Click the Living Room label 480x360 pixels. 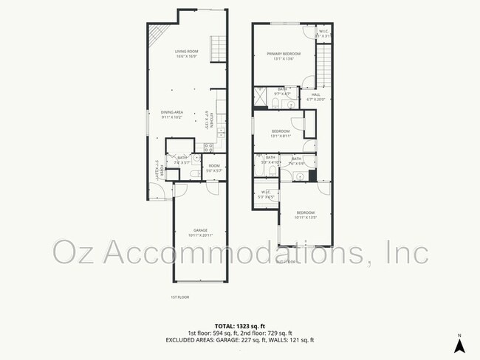(x=185, y=53)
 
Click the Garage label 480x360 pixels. (x=201, y=232)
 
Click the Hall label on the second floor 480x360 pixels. (x=315, y=97)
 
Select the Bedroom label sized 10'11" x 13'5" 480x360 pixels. (x=305, y=215)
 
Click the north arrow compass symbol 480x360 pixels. (x=459, y=345)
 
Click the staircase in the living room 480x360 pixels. (x=218, y=49)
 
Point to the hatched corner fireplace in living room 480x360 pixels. (x=156, y=35)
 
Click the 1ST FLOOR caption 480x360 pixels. (x=180, y=297)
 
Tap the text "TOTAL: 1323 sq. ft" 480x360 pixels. (x=239, y=325)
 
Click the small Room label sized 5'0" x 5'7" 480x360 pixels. (x=214, y=167)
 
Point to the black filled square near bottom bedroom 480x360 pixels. (x=312, y=176)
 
